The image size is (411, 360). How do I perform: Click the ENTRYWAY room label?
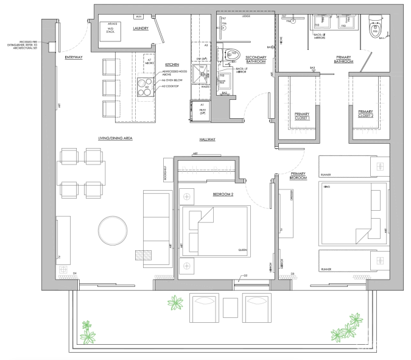74,57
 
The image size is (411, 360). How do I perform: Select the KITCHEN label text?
171,64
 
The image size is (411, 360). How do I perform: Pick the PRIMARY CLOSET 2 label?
365,113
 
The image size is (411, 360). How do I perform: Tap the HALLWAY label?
199,139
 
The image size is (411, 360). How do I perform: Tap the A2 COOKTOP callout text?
170,86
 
